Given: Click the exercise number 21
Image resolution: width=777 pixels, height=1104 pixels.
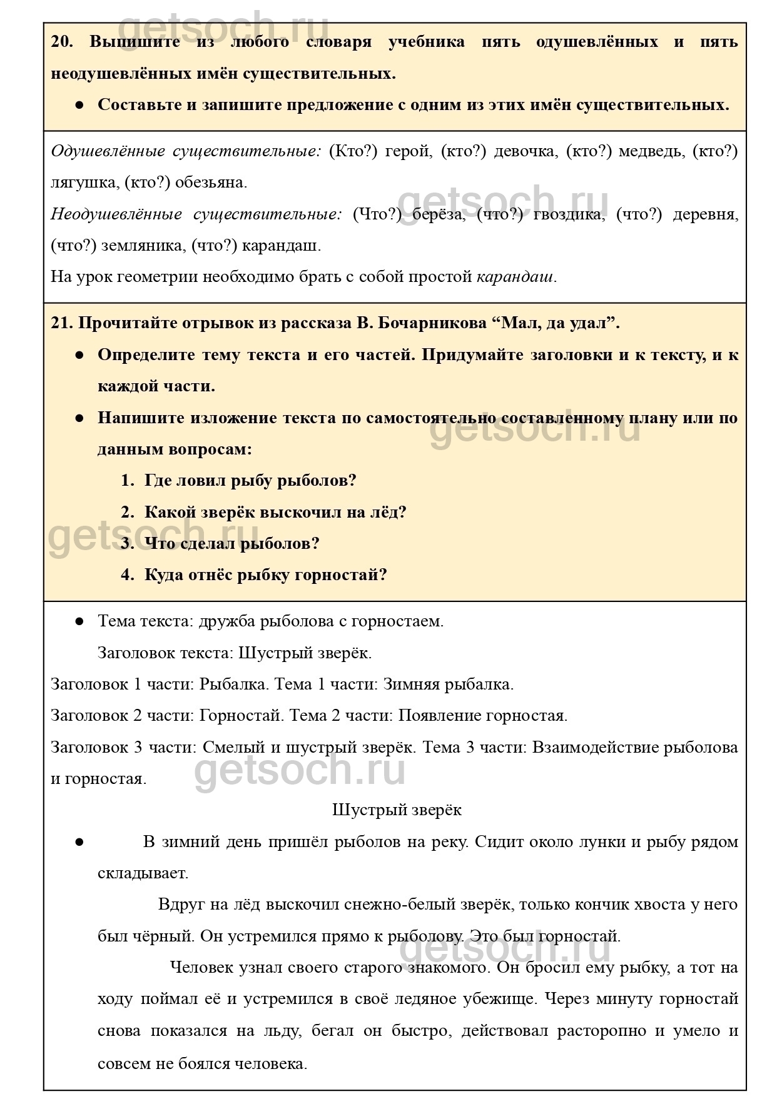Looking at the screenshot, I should (61, 323).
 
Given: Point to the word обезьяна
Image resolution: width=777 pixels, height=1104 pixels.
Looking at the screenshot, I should (211, 183).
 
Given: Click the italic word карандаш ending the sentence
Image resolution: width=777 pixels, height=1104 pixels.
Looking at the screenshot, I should (515, 277).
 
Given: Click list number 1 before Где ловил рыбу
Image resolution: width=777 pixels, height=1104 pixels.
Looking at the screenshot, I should (127, 481).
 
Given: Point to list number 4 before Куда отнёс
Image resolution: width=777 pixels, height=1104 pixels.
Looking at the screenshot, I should (127, 575).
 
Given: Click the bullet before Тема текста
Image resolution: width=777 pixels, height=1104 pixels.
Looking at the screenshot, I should (79, 621).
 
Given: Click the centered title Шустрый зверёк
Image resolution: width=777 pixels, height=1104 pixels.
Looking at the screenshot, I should (397, 810).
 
